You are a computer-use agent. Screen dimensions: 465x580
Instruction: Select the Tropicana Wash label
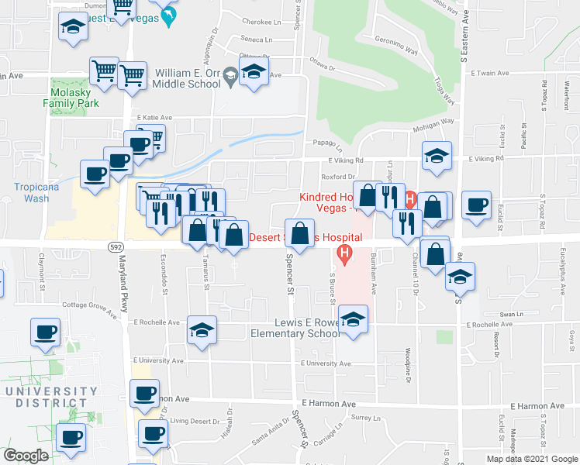31,192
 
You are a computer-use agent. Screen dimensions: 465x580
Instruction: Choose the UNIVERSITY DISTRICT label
48,397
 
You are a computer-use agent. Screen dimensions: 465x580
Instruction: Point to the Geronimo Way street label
395,45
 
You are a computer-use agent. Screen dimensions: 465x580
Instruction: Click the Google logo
26,456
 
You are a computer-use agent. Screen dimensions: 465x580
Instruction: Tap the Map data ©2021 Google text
533,459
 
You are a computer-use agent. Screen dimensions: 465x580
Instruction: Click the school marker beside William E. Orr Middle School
253,75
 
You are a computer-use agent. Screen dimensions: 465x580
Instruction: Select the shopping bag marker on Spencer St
299,232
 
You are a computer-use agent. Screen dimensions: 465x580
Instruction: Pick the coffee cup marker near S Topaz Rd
476,205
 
